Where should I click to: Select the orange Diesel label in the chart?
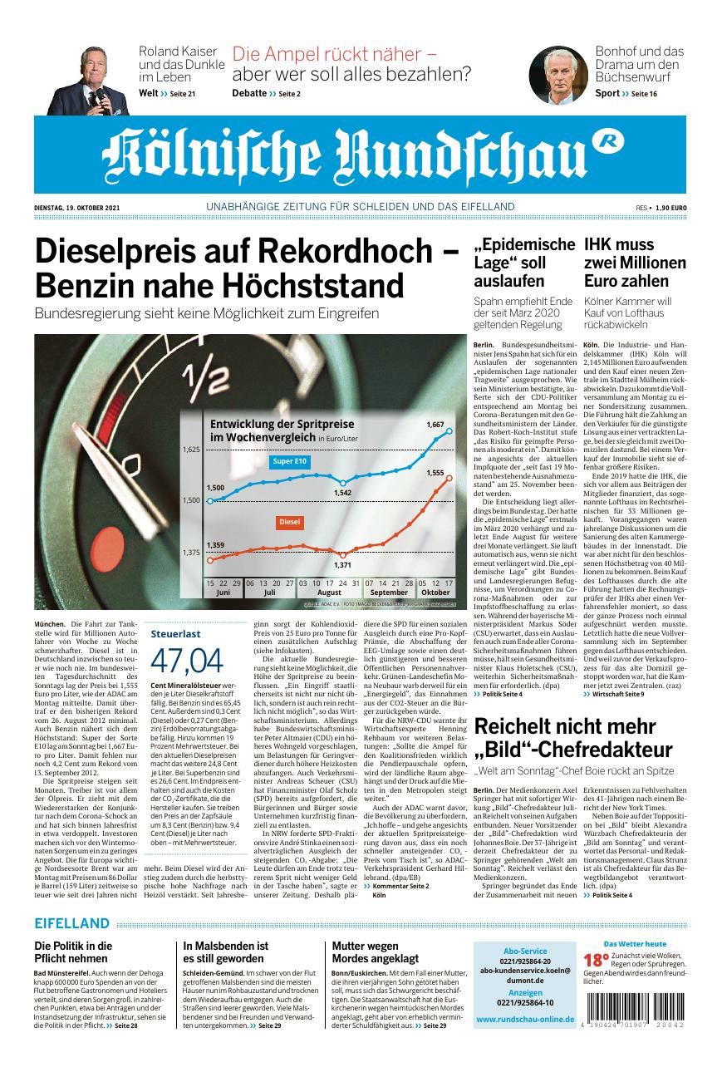tap(289, 522)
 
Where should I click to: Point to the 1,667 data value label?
tap(435, 425)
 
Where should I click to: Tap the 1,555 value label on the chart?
tap(435, 472)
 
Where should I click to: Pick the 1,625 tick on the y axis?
tap(191, 449)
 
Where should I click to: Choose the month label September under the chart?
tap(388, 593)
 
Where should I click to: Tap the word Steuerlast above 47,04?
tap(175, 633)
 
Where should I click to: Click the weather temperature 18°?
tap(591, 958)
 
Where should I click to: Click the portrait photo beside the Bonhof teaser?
tap(558, 75)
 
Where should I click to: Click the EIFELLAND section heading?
tap(72, 923)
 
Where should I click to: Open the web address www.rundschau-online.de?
tap(525, 1019)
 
